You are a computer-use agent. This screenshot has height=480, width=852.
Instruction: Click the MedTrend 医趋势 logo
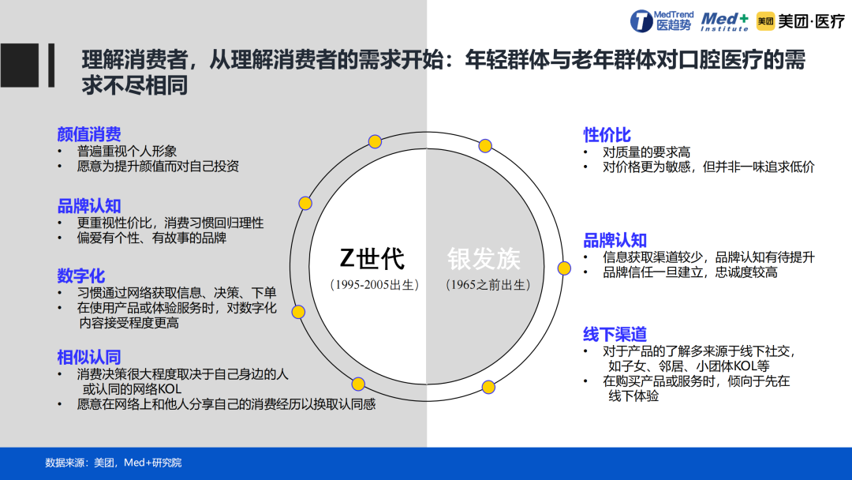tap(662, 21)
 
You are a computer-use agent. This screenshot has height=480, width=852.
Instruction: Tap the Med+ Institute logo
tap(725, 22)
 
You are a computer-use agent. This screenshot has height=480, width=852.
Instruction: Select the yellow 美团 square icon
tap(765, 21)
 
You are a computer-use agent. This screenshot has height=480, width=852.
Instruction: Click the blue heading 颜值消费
tap(89, 133)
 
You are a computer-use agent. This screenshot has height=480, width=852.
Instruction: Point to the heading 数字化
tap(81, 276)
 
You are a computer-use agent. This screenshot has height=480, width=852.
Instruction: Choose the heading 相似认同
tap(89, 357)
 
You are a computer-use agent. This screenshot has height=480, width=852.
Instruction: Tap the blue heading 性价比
tap(607, 134)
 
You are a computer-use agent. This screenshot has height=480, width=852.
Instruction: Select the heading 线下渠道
tap(615, 334)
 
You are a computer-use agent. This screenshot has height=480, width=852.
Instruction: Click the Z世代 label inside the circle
tap(372, 259)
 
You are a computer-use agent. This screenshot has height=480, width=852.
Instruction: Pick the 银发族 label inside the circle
tap(484, 259)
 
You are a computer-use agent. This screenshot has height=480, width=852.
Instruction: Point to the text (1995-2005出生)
tap(375, 285)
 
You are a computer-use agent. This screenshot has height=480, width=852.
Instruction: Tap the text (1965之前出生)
tap(488, 285)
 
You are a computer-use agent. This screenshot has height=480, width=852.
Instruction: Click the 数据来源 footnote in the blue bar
tap(113, 463)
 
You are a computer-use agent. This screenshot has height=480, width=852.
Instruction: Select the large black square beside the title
tap(20, 66)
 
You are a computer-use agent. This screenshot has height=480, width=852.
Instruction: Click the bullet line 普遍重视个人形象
tap(126, 151)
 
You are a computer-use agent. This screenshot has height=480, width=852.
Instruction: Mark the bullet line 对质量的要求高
tap(647, 152)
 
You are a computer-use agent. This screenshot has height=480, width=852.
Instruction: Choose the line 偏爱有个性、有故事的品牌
tap(151, 238)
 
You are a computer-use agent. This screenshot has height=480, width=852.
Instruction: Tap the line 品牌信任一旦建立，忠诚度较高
tap(690, 272)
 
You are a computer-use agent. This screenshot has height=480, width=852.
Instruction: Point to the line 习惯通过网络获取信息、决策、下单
tap(177, 292)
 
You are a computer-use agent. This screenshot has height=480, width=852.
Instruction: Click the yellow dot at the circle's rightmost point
tap(564, 268)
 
